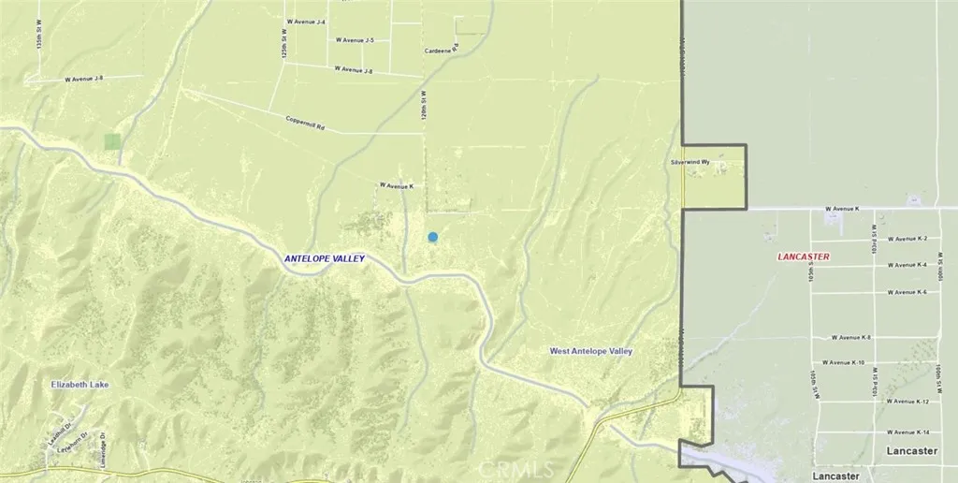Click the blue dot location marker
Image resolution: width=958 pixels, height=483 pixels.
[433, 238]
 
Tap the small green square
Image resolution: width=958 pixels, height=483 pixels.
[112, 141]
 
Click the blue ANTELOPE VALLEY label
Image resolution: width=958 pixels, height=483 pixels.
[325, 258]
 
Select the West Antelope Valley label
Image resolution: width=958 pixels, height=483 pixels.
[591, 351]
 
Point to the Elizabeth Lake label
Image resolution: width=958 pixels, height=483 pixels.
[82, 385]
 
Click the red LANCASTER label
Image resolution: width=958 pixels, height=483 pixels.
[805, 256]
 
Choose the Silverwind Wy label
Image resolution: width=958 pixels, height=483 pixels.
[691, 162]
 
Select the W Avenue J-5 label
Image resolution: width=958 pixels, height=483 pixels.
[356, 40]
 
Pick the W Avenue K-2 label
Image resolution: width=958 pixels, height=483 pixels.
[907, 239]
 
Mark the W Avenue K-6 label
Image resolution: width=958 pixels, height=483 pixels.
[907, 292]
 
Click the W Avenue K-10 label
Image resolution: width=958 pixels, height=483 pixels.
[844, 361]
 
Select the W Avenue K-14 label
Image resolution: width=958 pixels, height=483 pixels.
[908, 432]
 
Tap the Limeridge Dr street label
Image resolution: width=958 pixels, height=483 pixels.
[99, 455]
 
